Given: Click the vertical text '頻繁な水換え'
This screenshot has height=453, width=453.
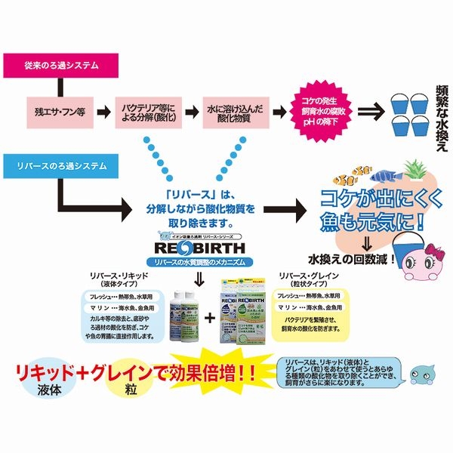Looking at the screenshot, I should [x=441, y=113].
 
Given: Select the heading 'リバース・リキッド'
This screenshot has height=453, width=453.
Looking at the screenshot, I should [x=117, y=278].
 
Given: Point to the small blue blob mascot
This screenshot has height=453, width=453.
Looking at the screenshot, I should [x=420, y=374].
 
